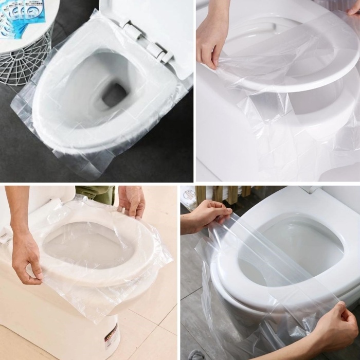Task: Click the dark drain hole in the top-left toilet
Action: coord(114,94)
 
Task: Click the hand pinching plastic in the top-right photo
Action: coord(212,36)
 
